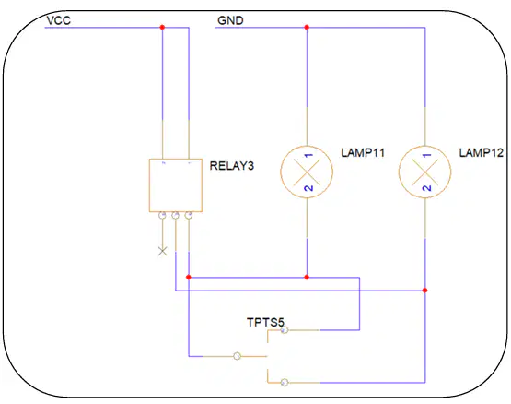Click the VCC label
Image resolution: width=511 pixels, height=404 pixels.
59,20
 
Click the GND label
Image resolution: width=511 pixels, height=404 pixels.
230,20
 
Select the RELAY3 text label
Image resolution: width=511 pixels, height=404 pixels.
232,166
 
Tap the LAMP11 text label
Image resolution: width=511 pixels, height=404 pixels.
363,152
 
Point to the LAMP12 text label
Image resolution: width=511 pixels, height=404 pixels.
482,152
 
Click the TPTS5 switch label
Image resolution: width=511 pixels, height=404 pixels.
265,322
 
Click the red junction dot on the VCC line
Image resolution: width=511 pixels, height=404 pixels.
162,28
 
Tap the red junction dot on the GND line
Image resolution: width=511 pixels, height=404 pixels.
307,28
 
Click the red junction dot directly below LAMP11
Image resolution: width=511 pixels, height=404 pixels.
307,278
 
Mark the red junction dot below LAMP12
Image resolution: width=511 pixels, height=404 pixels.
425,291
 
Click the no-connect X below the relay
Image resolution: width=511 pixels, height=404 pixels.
163,251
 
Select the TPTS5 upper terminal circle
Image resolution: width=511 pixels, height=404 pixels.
285,330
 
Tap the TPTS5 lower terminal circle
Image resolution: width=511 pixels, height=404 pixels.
285,382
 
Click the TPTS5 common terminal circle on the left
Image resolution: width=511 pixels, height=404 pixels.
238,356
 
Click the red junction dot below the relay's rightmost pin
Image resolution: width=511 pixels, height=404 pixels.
189,278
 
